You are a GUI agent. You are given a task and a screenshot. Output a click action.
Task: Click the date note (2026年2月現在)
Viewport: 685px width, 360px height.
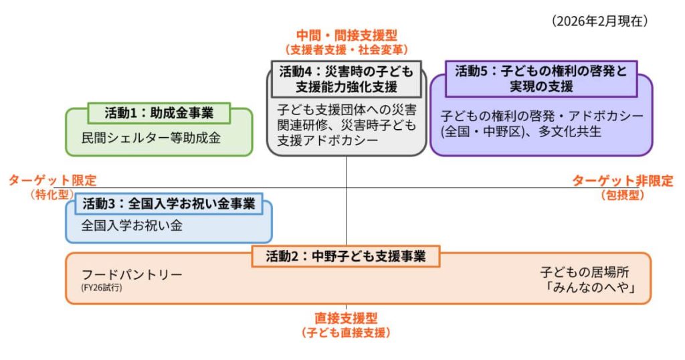point(600,21)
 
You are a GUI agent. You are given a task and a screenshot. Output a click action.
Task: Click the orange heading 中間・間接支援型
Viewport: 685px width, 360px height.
point(346,35)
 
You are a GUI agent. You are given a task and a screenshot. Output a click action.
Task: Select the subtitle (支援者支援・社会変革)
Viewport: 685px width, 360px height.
point(346,50)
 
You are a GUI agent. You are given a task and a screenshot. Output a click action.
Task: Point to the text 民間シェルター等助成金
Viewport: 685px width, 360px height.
point(151,139)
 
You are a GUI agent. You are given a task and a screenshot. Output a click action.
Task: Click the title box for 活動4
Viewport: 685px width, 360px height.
point(346,79)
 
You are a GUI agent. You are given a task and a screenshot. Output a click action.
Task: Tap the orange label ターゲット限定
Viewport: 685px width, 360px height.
point(52,180)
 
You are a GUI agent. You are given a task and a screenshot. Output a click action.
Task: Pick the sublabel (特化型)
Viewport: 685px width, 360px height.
point(52,195)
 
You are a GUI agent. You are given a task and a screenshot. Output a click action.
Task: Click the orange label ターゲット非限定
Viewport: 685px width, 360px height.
point(622,181)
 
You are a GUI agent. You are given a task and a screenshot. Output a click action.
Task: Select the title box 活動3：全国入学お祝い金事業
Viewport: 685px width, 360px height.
point(169,203)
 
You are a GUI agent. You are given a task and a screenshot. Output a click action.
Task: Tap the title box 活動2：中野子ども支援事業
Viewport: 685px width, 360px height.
point(346,256)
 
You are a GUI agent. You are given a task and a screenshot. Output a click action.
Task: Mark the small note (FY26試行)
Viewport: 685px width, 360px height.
point(102,288)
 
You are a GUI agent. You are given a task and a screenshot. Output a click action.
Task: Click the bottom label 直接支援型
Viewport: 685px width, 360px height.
point(346,319)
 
